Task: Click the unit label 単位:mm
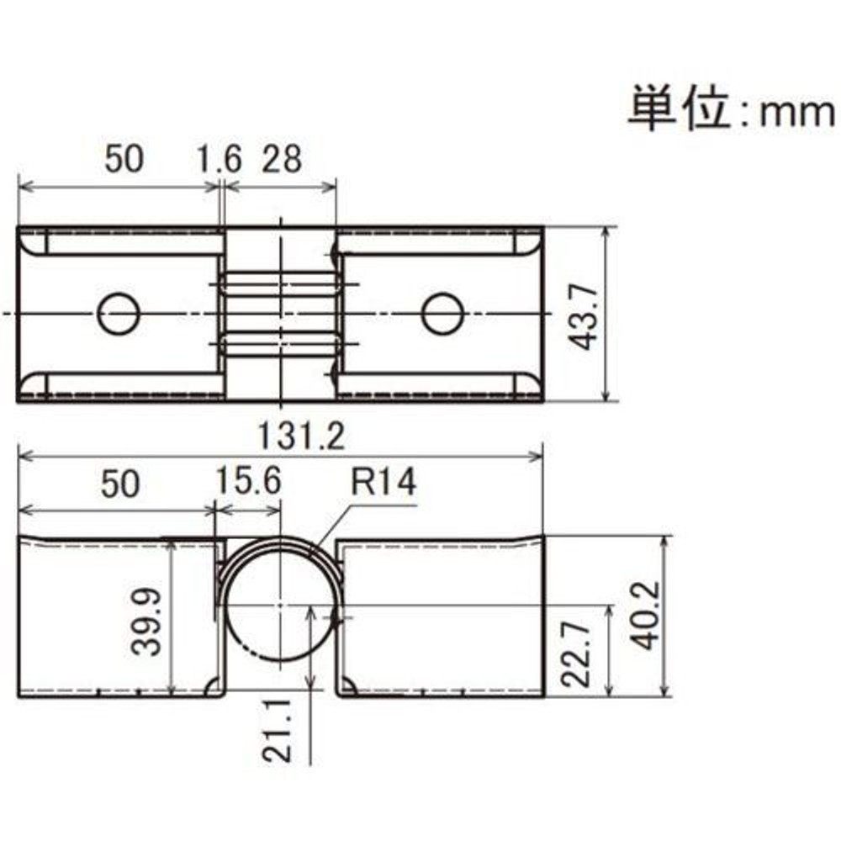[x=730, y=109]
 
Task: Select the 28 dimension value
[x=282, y=159]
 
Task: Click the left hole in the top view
[x=118, y=315]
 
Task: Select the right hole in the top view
[x=442, y=315]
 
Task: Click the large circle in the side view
[x=279, y=606]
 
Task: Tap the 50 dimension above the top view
[x=124, y=159]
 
